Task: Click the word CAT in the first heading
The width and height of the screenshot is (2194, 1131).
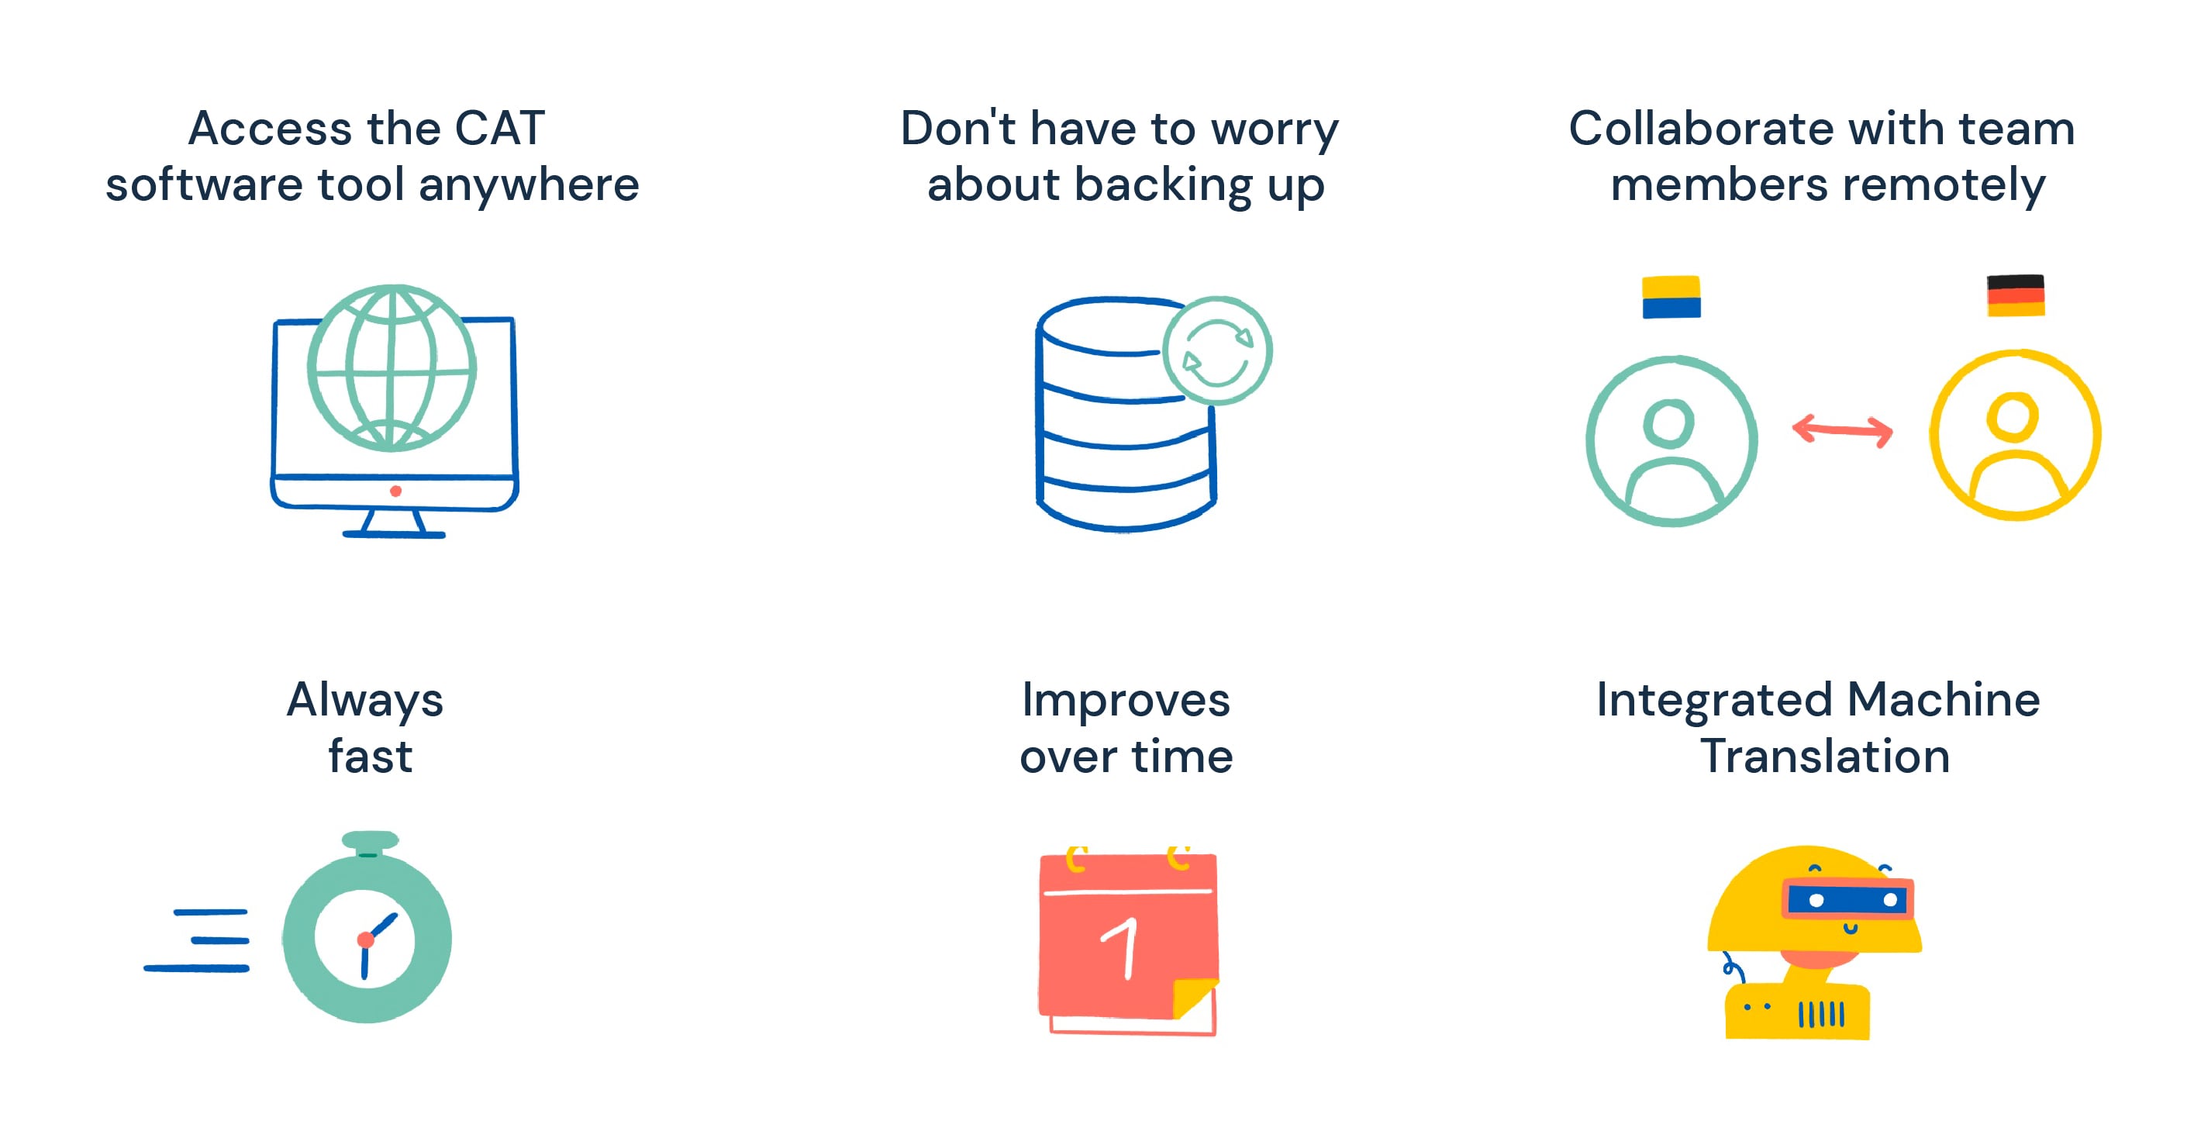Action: click(x=500, y=129)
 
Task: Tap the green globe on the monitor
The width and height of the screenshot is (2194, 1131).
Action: click(x=392, y=368)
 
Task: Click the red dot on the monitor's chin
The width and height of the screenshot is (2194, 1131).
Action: click(x=395, y=491)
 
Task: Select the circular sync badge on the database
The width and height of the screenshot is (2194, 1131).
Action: click(x=1217, y=351)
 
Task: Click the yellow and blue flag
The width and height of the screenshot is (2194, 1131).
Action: click(x=1671, y=296)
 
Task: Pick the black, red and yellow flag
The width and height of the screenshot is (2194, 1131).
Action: click(x=2015, y=295)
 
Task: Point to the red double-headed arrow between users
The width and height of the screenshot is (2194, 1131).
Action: click(x=1842, y=430)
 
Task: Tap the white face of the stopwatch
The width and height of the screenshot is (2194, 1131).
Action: click(x=364, y=940)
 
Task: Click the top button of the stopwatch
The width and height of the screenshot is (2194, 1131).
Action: click(x=370, y=840)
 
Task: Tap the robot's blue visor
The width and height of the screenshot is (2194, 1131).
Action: click(x=1847, y=899)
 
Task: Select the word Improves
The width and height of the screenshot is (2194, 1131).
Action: click(x=1126, y=702)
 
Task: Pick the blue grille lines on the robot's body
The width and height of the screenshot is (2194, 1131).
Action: click(x=1821, y=1014)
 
